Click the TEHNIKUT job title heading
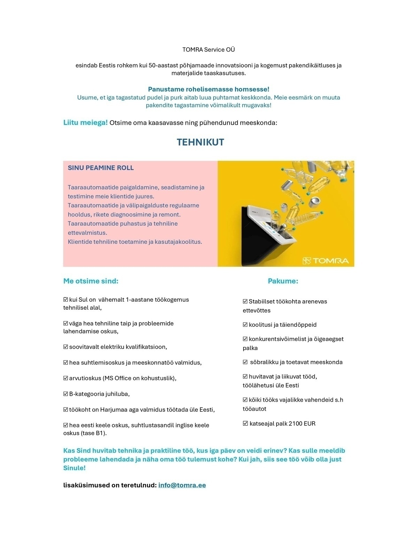200,142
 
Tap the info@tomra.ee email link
182,485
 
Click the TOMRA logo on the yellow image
325,261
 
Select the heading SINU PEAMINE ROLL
101,168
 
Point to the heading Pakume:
283,281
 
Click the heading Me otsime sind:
91,281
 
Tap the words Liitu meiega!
85,123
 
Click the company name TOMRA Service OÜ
209,49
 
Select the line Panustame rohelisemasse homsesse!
209,89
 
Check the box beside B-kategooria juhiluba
66,394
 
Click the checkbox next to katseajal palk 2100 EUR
245,424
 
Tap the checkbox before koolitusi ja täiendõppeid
245,325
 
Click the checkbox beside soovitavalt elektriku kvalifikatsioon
66,347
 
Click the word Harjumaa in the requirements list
114,410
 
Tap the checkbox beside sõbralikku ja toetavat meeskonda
245,362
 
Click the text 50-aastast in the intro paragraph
163,65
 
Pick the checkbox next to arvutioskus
66,378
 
